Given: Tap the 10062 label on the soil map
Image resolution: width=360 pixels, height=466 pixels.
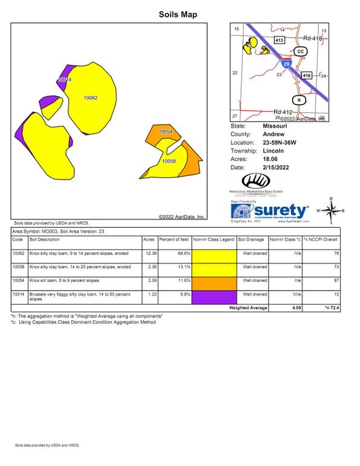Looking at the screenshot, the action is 91,97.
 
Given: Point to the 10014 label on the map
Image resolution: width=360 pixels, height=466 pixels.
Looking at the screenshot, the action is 65,80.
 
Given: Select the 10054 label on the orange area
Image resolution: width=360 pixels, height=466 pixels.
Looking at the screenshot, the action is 165,131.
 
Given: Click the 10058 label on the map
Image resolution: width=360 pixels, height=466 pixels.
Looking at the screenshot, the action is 169,161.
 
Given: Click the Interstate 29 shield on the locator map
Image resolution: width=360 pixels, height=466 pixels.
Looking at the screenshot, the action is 286,63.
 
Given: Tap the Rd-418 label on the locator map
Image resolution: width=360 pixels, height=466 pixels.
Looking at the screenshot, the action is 313,37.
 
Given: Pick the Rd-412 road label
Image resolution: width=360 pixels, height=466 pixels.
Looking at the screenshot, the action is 283,112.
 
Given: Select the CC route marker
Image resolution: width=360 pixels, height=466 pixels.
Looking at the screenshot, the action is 300,52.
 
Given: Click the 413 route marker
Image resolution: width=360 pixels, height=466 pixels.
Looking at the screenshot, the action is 279,40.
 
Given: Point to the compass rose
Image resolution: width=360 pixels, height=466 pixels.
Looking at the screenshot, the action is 330,210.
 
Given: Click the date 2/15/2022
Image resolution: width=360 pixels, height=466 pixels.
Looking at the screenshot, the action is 277,167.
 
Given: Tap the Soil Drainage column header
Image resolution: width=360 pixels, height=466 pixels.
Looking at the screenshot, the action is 252,240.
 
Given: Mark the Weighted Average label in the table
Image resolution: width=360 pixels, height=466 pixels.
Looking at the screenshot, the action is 248,308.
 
